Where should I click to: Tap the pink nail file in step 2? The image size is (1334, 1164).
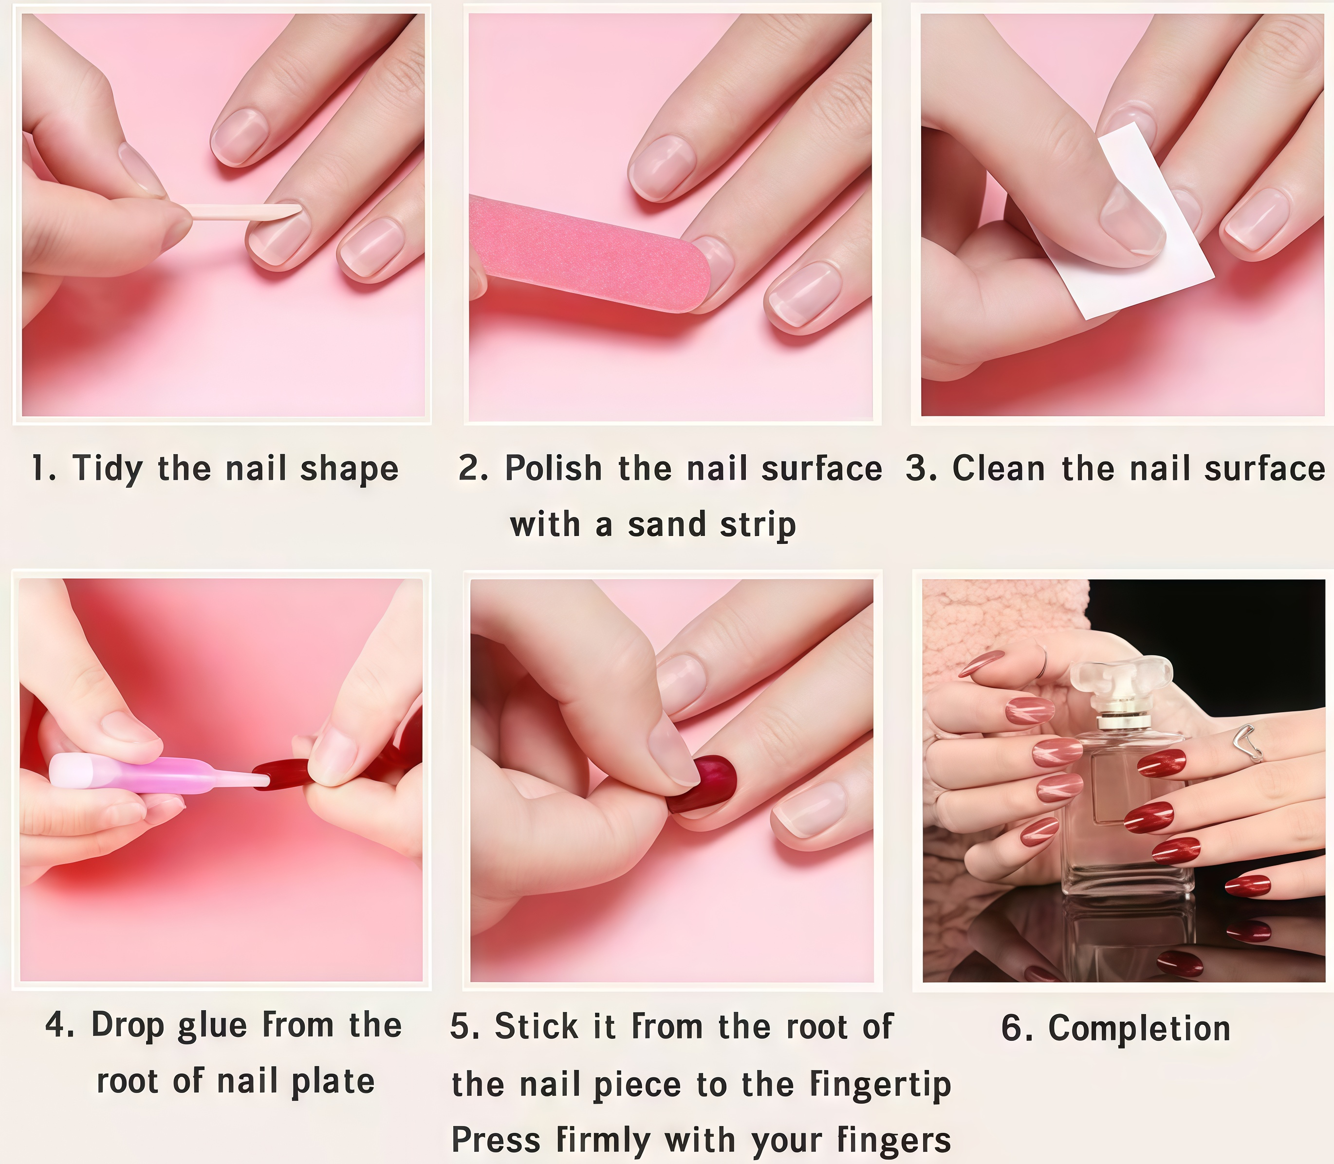588,253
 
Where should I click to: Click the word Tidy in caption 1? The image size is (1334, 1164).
107,469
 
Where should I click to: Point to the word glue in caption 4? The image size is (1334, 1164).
212,1026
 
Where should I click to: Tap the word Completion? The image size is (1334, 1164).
1139,1029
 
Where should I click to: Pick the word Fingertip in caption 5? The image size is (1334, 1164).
881,1085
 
